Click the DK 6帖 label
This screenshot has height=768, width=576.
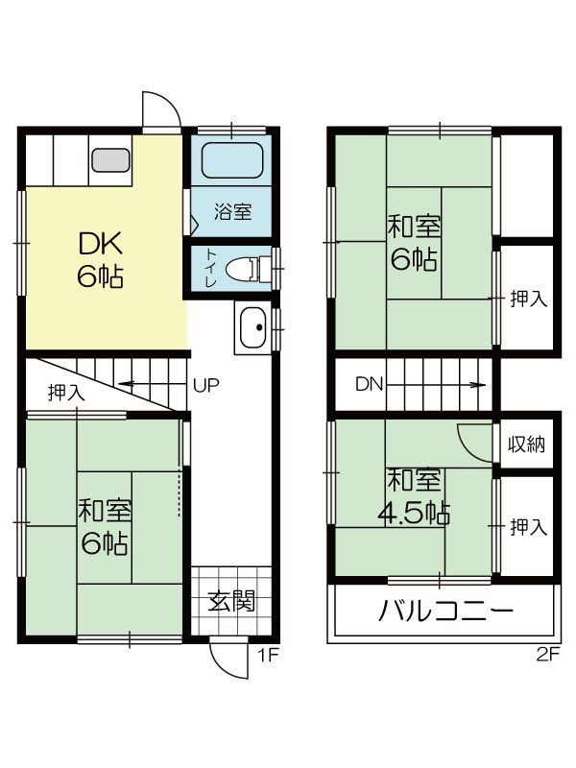click(99, 260)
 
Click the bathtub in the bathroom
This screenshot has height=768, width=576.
click(233, 162)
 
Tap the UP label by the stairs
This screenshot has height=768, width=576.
click(206, 386)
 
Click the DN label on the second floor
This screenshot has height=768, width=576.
click(369, 385)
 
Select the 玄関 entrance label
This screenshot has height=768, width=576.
click(231, 602)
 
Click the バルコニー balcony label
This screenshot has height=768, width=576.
click(445, 611)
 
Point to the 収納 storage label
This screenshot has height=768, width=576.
click(527, 444)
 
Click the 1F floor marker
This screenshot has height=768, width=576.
click(267, 657)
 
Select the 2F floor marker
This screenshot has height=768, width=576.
click(546, 657)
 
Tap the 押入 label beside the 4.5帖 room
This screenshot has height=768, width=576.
click(528, 526)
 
